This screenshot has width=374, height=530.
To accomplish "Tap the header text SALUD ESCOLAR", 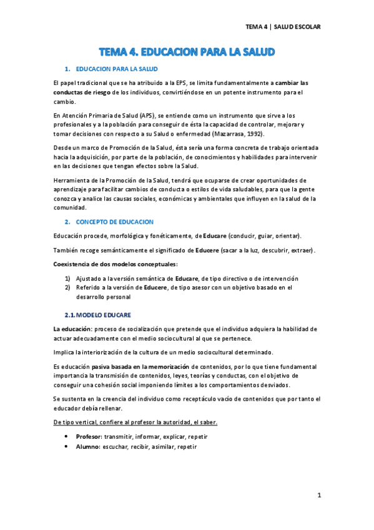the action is click(298, 27).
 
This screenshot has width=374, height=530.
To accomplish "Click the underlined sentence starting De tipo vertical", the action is click(135, 422).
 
